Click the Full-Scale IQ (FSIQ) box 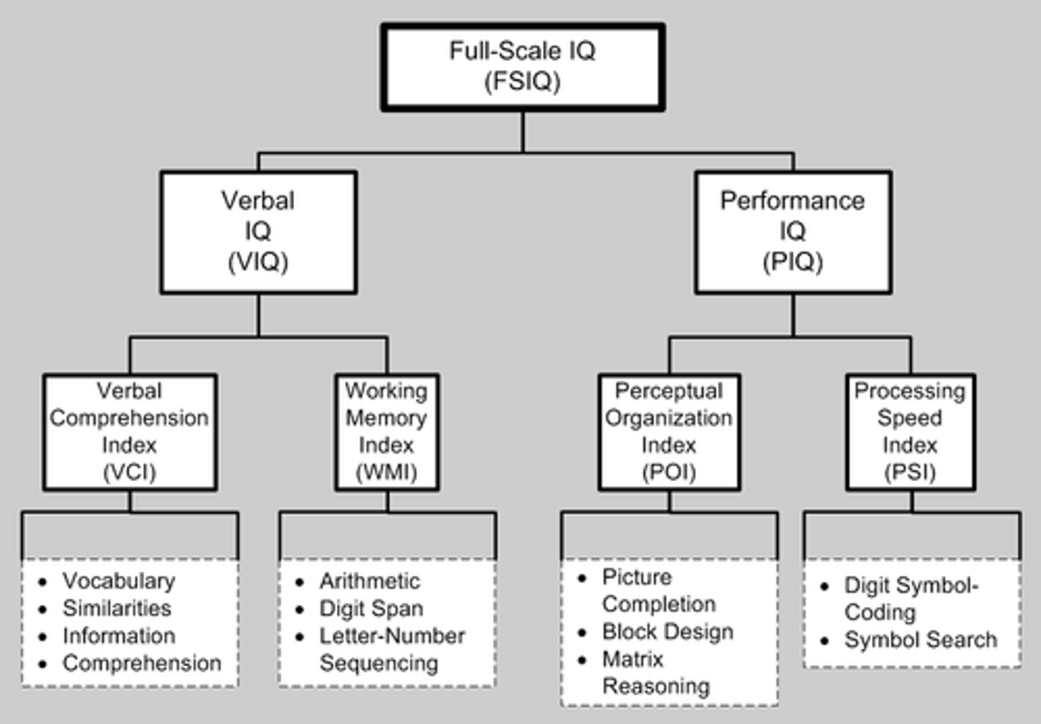pos(522,66)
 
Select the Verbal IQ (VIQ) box pos(258,231)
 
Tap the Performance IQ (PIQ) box pos(792,231)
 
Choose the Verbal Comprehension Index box pos(129,431)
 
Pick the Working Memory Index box pos(387,431)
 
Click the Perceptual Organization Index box pos(669,431)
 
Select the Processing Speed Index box pos(910,431)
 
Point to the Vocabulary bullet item pos(119,581)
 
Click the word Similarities pos(117,608)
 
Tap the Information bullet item pos(119,636)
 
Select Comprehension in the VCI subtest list pos(142,663)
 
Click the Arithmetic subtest pos(369,581)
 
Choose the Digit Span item pos(371,608)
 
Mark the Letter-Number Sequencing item pos(392,649)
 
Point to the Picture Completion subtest pos(658,590)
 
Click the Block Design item pos(667,632)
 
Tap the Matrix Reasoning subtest pos(655,673)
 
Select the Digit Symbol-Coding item pos(910,598)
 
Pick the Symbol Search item pos(920,640)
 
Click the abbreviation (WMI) pos(387,473)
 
